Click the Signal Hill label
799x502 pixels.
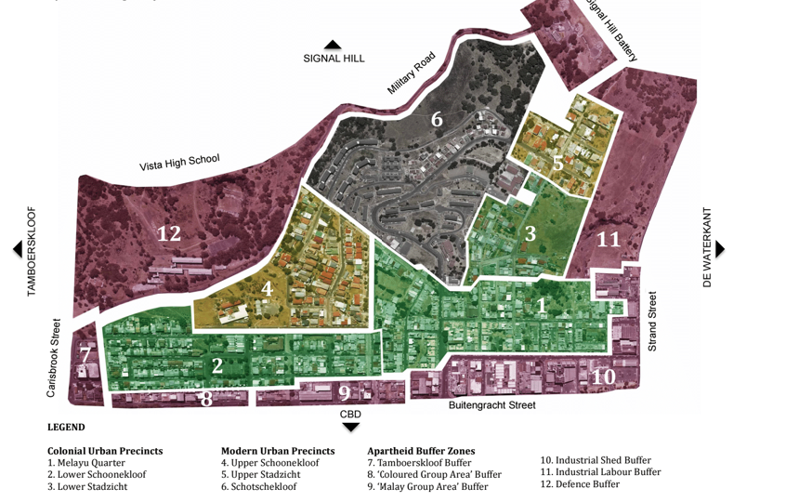tap(334, 59)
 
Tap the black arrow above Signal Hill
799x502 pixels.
tap(333, 45)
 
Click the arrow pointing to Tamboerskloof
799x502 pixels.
tap(17, 249)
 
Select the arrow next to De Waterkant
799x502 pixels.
tap(720, 249)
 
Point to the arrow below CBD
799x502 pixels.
tap(350, 427)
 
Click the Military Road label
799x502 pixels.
tap(412, 73)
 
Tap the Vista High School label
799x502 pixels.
tap(179, 163)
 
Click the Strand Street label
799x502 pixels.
tap(652, 322)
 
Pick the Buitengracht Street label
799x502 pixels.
tap(491, 405)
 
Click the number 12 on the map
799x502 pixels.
tap(168, 234)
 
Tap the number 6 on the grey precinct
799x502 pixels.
tap(437, 119)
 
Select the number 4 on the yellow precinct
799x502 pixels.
tap(267, 288)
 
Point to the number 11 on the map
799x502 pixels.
tap(608, 239)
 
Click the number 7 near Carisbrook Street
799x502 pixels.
tap(85, 355)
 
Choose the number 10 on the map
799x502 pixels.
tap(603, 376)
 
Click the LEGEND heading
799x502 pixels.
tap(66, 428)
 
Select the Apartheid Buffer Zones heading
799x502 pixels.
tap(421, 451)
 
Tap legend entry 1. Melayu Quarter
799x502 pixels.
tap(86, 463)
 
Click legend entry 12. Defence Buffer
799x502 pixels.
tap(580, 484)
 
